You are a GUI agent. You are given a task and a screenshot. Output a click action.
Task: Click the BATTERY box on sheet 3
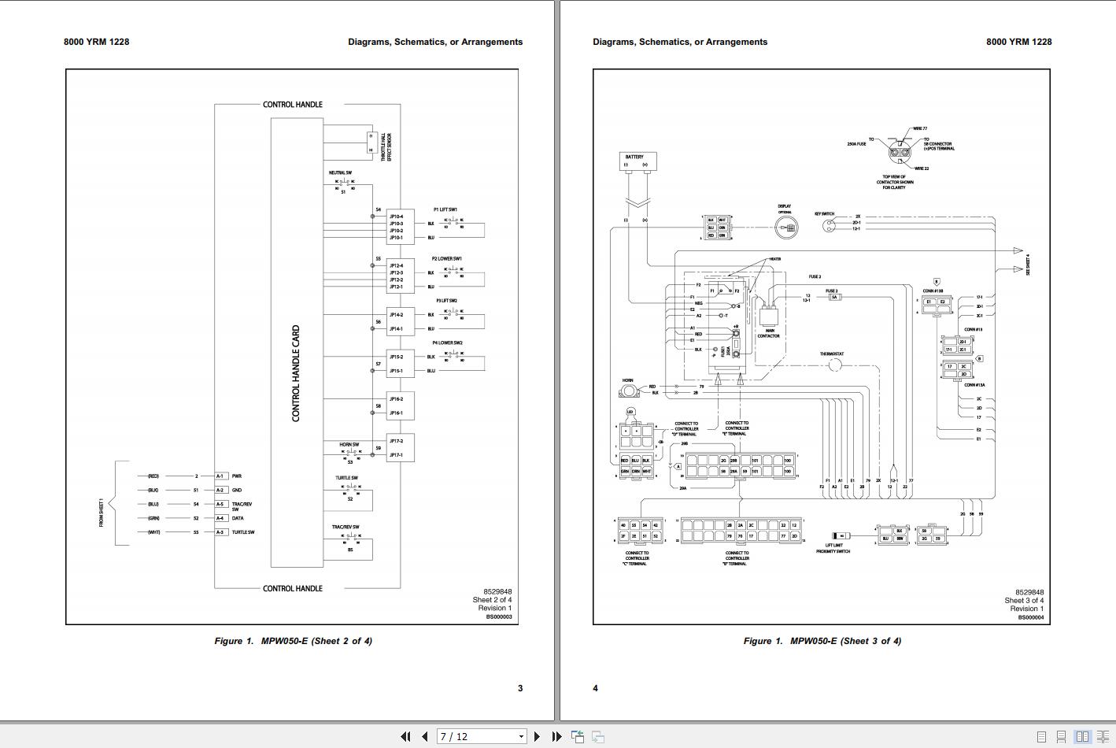coord(637,161)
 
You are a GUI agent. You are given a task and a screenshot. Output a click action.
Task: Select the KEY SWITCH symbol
coord(829,226)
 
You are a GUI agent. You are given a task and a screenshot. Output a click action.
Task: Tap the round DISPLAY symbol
coord(785,228)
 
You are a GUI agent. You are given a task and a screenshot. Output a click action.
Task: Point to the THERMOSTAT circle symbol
coord(835,365)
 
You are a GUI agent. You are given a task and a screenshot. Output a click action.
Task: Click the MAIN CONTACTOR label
coord(769,333)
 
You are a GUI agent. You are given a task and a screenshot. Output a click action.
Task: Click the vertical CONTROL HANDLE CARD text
coord(296,373)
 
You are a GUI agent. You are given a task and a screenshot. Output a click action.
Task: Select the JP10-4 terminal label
coord(396,217)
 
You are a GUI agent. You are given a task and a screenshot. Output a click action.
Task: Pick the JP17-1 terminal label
coord(396,455)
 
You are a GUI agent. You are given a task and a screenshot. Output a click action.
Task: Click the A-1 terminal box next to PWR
coord(220,476)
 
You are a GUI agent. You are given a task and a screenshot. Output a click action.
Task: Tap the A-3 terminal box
coord(220,532)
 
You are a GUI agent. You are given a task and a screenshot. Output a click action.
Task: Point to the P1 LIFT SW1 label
coord(445,209)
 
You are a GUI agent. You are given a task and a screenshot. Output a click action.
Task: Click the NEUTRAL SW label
coord(340,172)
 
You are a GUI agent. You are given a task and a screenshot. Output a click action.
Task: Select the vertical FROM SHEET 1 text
coord(102,513)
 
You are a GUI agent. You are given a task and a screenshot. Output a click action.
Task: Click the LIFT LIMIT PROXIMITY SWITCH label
coord(833,548)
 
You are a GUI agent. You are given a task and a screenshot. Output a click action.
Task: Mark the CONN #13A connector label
coord(974,385)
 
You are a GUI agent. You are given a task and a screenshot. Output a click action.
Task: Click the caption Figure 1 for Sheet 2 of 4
coord(293,641)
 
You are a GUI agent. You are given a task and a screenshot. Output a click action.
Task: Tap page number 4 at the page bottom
coord(595,688)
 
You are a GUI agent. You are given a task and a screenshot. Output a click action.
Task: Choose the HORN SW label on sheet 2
coord(349,445)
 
